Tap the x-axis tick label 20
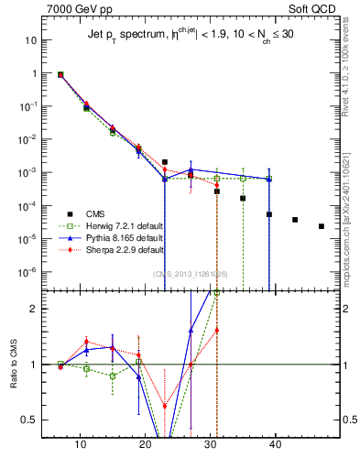click(x=145, y=444)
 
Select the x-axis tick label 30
click(x=211, y=444)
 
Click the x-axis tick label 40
click(x=276, y=444)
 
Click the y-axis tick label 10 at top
click(x=30, y=40)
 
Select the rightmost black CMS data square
click(x=321, y=226)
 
